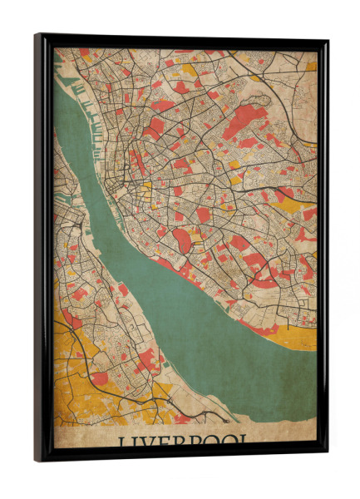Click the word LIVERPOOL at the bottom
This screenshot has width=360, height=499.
coord(182,441)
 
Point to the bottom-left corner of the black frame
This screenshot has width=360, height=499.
coord(37,460)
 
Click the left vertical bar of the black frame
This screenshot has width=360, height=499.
coord(44,249)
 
